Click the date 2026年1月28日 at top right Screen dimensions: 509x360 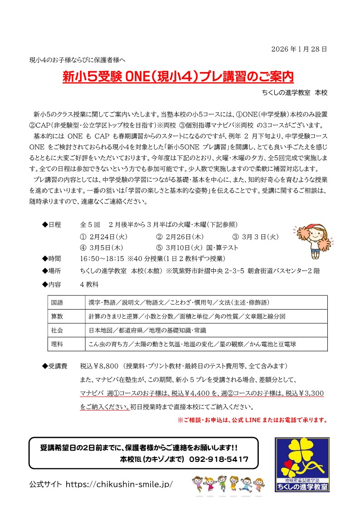(x=299, y=48)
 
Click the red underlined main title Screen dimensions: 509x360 (x=178, y=77)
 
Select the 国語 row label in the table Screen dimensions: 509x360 (x=58, y=302)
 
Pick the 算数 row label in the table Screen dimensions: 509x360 (x=58, y=316)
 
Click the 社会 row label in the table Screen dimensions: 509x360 (x=58, y=330)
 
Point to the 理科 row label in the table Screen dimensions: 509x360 (x=58, y=344)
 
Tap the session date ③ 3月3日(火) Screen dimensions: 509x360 (x=256, y=237)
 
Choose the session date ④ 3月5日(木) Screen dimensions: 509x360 (x=102, y=248)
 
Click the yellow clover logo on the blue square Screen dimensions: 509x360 (x=301, y=458)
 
